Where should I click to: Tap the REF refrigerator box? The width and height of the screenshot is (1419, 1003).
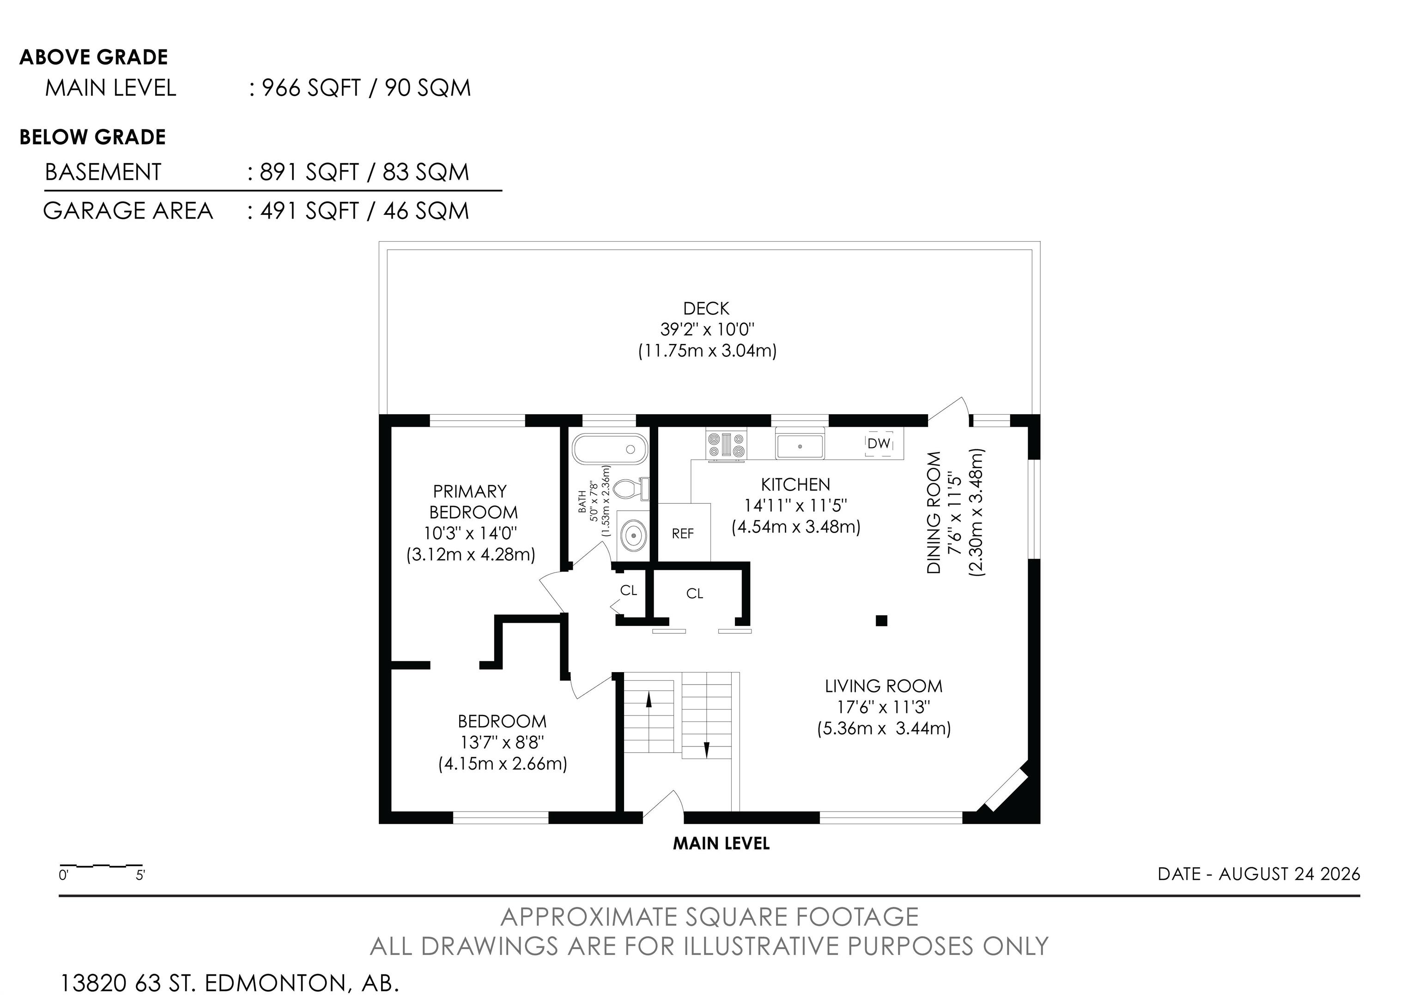click(x=684, y=532)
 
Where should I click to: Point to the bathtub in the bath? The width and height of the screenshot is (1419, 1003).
click(x=610, y=449)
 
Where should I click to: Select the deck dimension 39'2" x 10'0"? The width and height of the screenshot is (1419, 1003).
click(x=707, y=329)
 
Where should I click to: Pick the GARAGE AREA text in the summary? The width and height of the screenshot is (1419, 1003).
click(x=128, y=211)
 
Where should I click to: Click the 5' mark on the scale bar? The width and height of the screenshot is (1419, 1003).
click(x=140, y=875)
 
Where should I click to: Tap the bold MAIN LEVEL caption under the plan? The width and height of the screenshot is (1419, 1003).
click(x=721, y=844)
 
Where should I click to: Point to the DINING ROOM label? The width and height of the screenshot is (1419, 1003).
click(x=934, y=512)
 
